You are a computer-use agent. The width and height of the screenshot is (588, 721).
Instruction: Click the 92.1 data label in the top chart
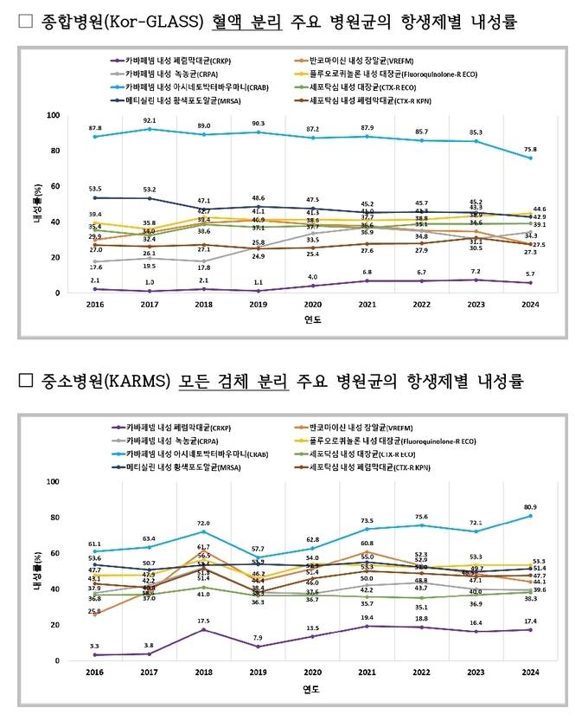point(149,120)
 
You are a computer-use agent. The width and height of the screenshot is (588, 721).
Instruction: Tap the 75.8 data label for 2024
point(530,149)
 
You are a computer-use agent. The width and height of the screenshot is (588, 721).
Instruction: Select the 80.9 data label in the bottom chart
point(530,506)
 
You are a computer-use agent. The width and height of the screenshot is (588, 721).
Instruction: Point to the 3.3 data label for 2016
point(95,646)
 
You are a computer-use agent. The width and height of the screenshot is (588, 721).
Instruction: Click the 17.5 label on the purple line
point(204,621)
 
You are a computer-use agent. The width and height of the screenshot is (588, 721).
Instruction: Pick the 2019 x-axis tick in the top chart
point(258,305)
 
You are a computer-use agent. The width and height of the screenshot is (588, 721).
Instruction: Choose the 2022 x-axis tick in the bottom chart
point(421,673)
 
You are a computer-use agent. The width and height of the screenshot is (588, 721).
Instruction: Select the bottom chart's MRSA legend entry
point(180,468)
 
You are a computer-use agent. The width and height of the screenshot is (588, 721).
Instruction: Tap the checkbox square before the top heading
point(25,22)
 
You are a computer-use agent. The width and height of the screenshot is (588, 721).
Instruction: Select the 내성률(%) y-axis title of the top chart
point(37,204)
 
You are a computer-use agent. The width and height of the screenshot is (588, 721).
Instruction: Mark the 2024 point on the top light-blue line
point(530,158)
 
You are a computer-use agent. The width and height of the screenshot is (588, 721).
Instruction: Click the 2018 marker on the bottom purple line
point(204,629)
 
